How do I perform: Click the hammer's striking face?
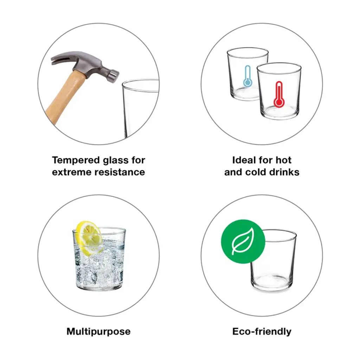[x=114, y=75]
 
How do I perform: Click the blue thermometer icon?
[x=247, y=76]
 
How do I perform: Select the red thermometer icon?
[x=279, y=94]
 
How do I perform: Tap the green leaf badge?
[x=243, y=241]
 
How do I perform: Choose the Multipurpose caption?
[x=98, y=332]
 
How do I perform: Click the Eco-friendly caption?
[x=262, y=332]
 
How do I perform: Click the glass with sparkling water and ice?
[x=99, y=259]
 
